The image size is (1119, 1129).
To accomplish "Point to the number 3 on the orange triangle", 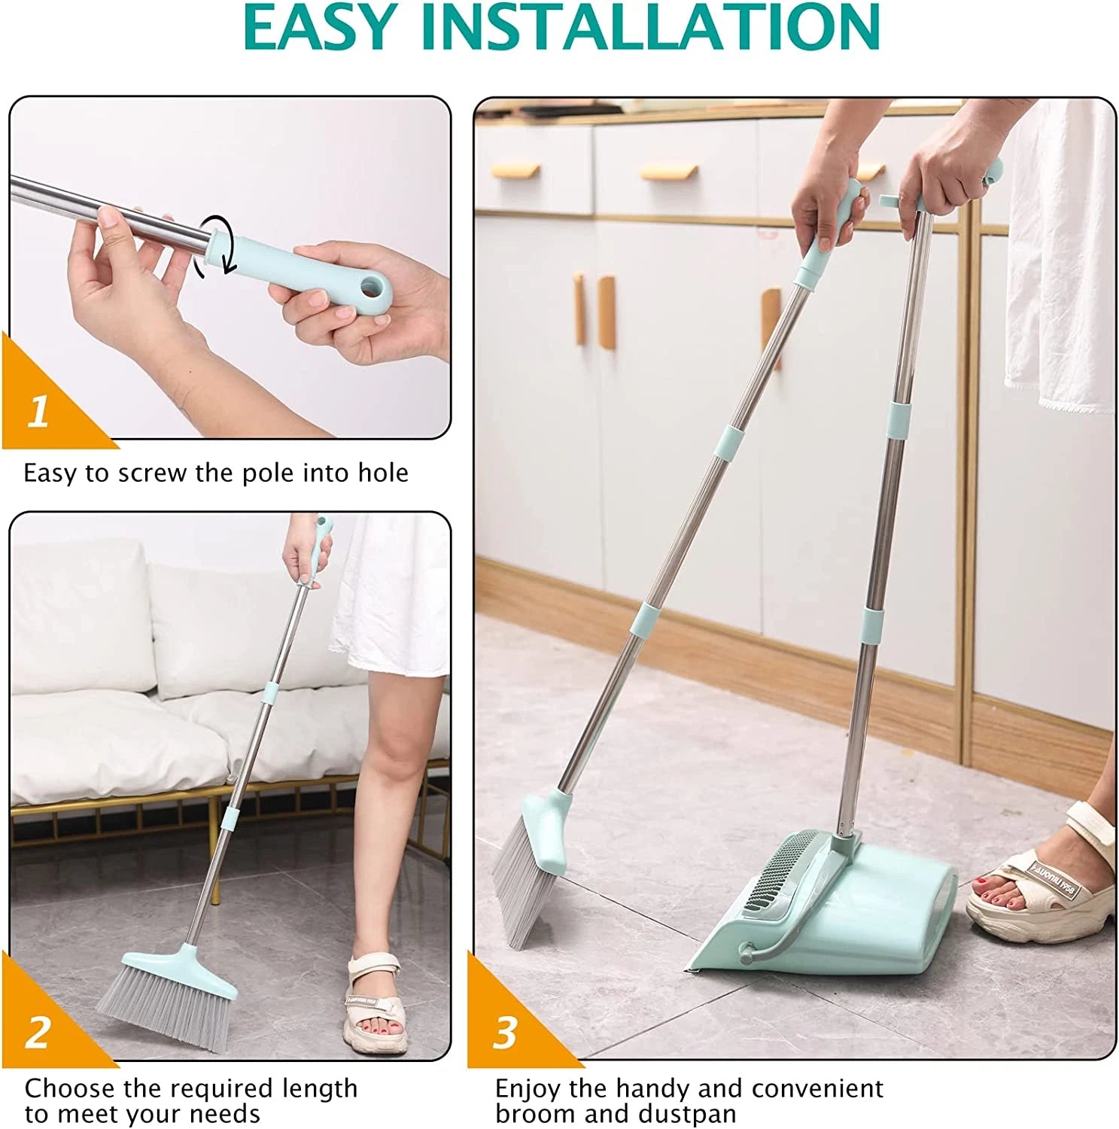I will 505,1033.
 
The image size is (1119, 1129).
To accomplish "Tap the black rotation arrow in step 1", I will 213,248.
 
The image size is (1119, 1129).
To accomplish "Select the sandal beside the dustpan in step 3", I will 1042,888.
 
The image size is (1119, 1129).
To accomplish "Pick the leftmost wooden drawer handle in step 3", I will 515,171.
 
